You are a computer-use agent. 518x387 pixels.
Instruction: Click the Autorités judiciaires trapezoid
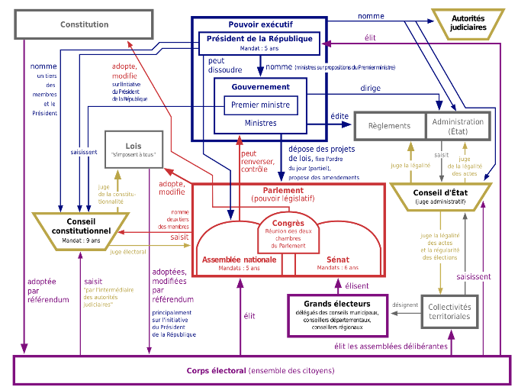pyautogui.click(x=468, y=22)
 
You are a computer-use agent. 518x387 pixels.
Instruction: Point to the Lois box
pyautogui.click(x=134, y=149)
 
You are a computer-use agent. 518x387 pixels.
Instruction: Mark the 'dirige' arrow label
pyautogui.click(x=372, y=88)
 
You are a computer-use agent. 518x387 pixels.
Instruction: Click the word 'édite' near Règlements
pyautogui.click(x=339, y=116)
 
